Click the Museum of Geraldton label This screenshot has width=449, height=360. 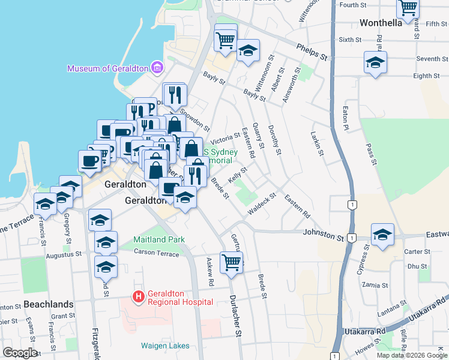coord(107,68)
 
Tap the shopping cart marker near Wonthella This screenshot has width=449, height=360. coord(408,8)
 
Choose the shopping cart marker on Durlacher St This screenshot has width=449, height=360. coord(231,261)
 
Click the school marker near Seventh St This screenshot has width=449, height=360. coord(375,62)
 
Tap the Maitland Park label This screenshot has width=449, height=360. coord(160,239)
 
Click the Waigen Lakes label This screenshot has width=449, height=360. coord(165,346)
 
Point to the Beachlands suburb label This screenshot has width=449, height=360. coord(49,304)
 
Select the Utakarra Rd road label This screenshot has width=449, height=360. coord(366,332)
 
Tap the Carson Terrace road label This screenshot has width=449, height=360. coord(157,254)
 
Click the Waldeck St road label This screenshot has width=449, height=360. coord(261,205)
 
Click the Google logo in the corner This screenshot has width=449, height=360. coord(20,353)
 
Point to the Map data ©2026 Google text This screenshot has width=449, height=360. coord(412,355)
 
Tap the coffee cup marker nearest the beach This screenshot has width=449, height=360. coord(89,160)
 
